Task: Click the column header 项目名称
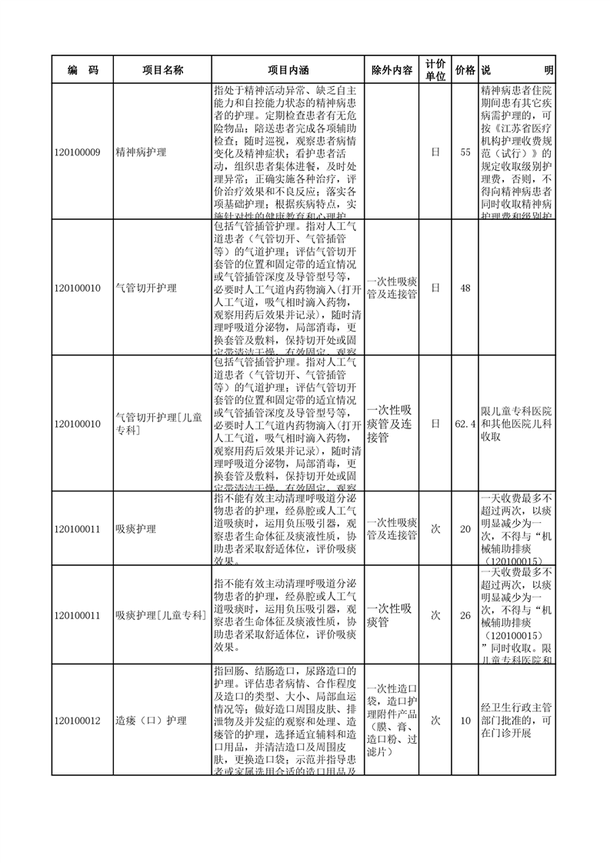coord(162,70)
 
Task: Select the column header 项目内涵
coord(287,70)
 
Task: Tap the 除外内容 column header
coord(392,70)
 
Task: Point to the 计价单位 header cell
coord(435,70)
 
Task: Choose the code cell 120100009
coord(78,152)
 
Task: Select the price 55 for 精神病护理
coord(465,152)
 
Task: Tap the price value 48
coord(465,288)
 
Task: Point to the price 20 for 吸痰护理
coord(465,528)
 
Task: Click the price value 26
coord(465,615)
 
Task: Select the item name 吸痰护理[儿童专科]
coord(160,615)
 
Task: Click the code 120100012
coord(78,721)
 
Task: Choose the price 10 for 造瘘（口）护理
coord(465,721)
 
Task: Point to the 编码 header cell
coord(82,70)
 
